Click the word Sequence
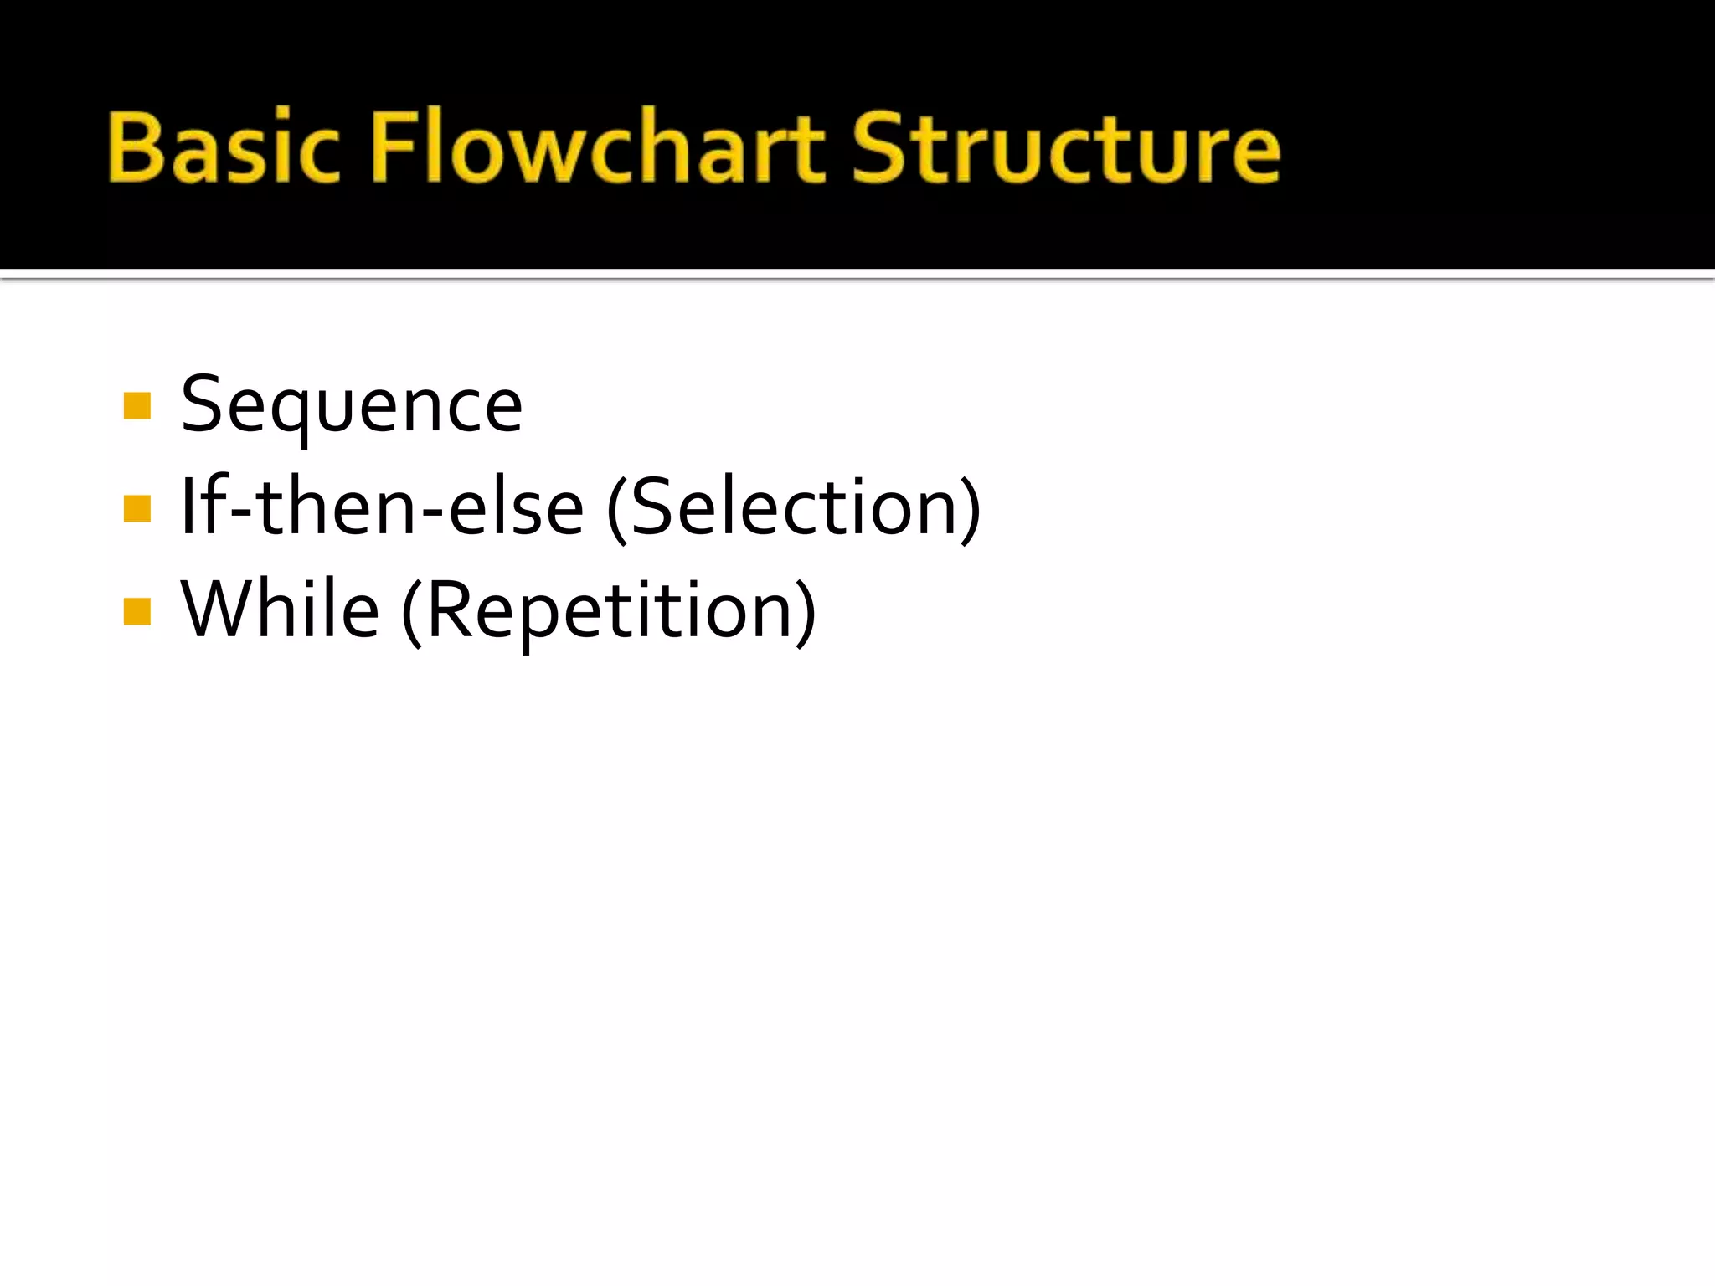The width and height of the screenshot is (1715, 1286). pyautogui.click(x=352, y=405)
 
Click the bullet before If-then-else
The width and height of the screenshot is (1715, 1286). pyautogui.click(x=136, y=508)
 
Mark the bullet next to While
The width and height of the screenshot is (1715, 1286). pyautogui.click(x=136, y=611)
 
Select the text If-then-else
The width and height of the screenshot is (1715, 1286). pyautogui.click(x=382, y=507)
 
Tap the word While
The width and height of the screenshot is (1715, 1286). pyautogui.click(x=280, y=610)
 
